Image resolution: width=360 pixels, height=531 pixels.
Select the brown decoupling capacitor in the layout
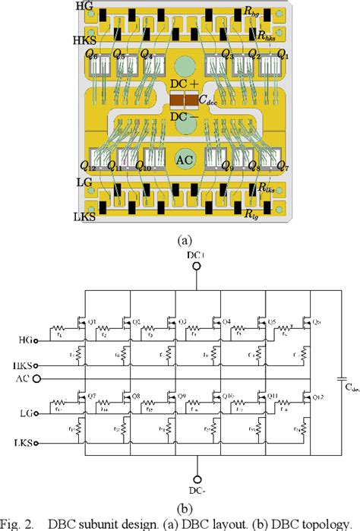(183, 100)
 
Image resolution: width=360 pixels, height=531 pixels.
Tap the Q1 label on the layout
(283, 55)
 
